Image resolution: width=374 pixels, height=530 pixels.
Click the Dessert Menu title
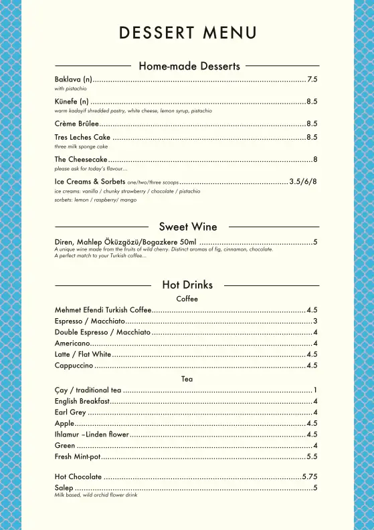[x=187, y=32]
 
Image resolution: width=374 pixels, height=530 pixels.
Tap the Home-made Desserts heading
[x=189, y=66]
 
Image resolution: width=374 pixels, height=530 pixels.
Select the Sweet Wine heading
[x=188, y=227]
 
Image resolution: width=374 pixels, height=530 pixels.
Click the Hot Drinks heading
[x=187, y=285]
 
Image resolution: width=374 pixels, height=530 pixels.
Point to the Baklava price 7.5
[x=312, y=80]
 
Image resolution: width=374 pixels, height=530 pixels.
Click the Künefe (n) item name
[x=72, y=102]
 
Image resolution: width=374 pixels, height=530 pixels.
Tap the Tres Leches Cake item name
[x=82, y=138]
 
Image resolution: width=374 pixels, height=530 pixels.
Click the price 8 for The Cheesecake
[x=315, y=160]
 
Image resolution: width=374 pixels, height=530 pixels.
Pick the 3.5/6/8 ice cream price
[x=303, y=182]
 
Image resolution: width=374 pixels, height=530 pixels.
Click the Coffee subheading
[x=187, y=299]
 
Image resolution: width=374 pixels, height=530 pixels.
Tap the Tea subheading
[x=187, y=379]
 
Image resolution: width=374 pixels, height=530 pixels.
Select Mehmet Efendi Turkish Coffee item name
[x=103, y=310]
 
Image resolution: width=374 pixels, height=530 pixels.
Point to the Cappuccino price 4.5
[x=312, y=366]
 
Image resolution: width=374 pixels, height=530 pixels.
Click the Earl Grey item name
[x=70, y=412]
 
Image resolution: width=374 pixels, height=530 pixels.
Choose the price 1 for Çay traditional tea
[x=315, y=390]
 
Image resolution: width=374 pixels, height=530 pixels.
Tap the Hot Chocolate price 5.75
[x=310, y=477]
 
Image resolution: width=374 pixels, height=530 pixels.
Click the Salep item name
[x=64, y=489]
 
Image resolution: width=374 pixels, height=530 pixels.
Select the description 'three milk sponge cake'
[x=81, y=146]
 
